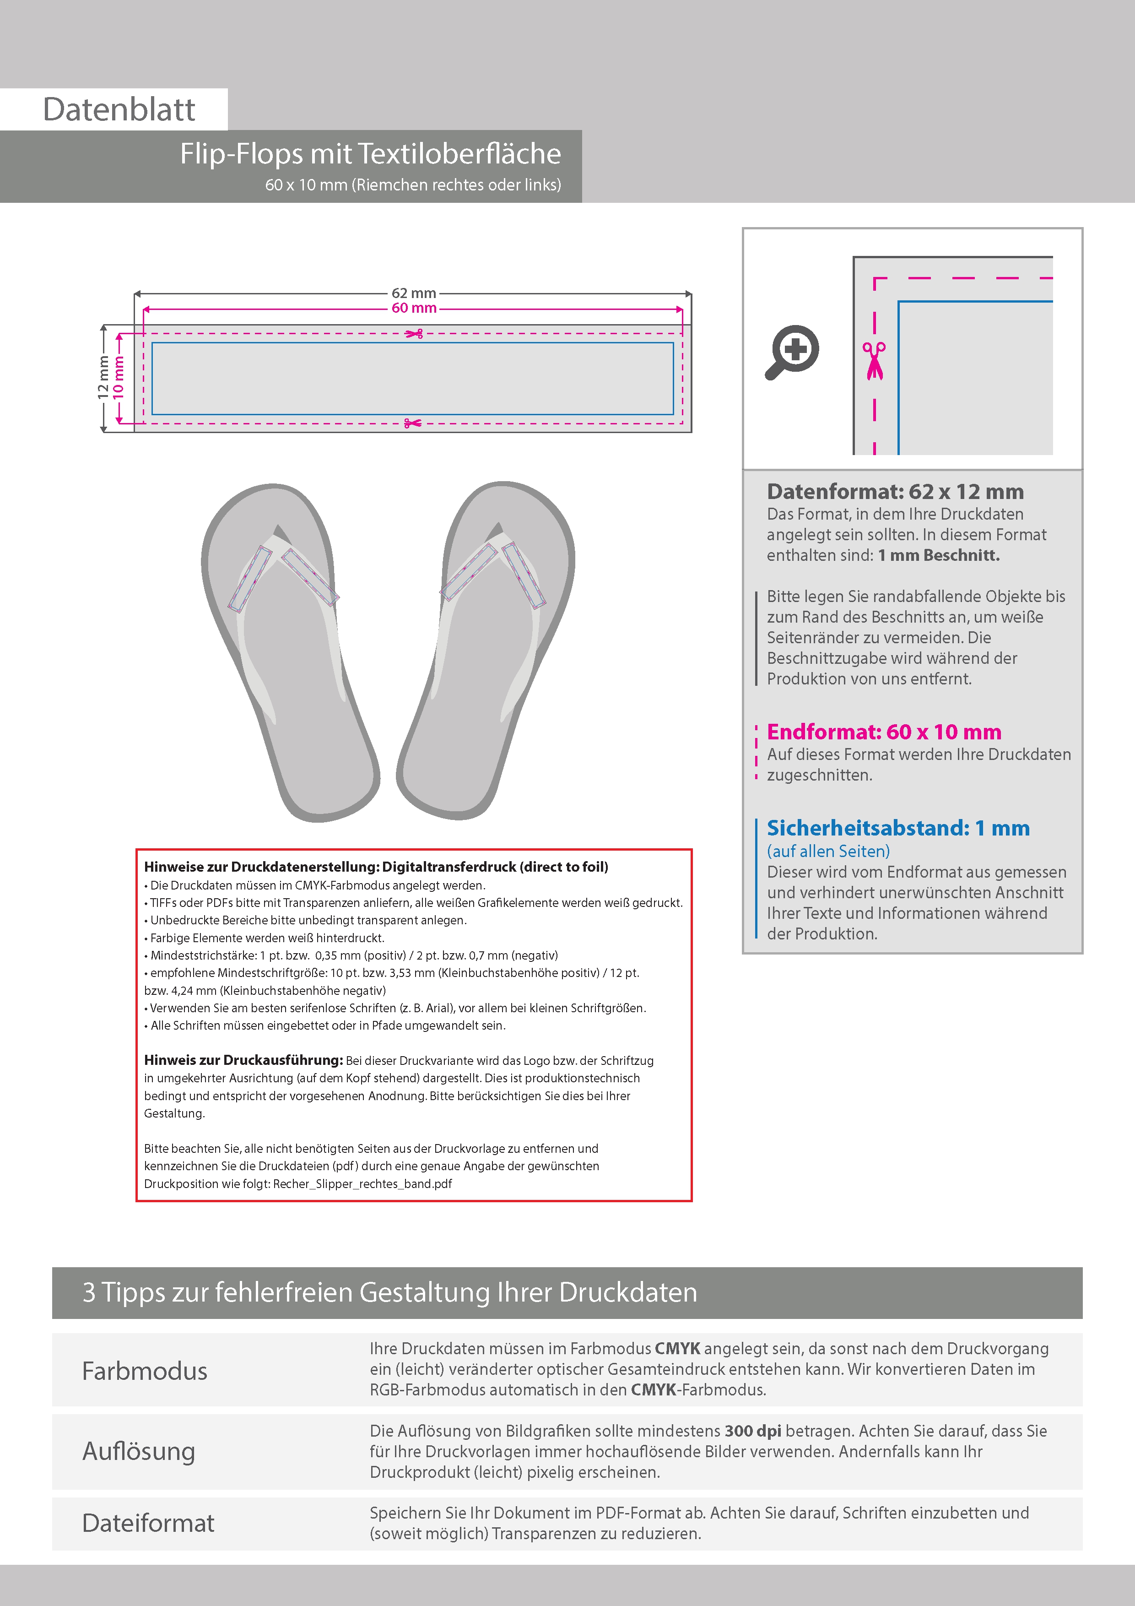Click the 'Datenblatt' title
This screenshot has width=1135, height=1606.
pos(119,110)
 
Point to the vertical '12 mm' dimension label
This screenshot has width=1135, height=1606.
pos(103,379)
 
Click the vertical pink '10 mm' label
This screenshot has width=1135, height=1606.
pos(119,379)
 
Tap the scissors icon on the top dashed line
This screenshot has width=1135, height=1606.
pos(414,334)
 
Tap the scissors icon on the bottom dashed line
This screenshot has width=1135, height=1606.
pos(413,423)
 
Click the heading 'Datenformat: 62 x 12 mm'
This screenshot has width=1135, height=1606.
pos(895,492)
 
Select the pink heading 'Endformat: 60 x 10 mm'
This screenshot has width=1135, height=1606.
pos(884,732)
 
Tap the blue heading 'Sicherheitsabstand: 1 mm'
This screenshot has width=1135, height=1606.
pos(898,828)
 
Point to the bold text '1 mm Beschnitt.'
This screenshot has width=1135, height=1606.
pos(939,555)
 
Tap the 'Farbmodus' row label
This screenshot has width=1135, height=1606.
pos(145,1371)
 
